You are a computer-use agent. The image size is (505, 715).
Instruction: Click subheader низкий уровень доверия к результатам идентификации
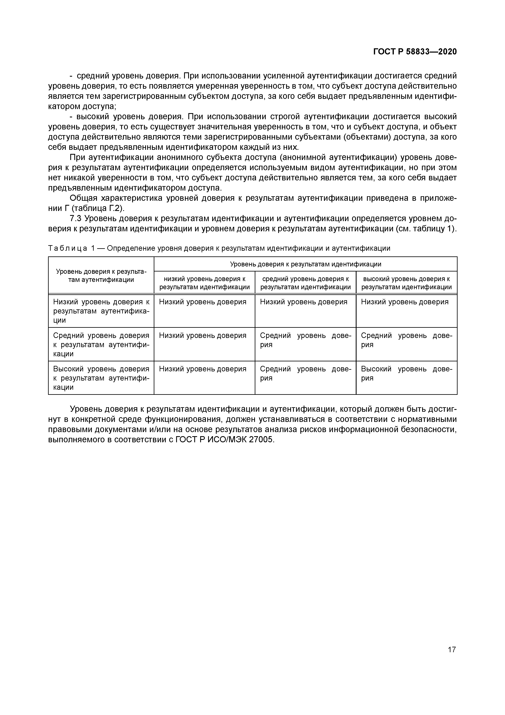point(204,283)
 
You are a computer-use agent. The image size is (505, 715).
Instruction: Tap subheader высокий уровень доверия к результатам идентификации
point(406,283)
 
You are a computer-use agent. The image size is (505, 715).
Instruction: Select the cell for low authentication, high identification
point(404,302)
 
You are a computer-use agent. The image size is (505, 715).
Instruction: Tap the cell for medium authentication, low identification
point(203,335)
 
